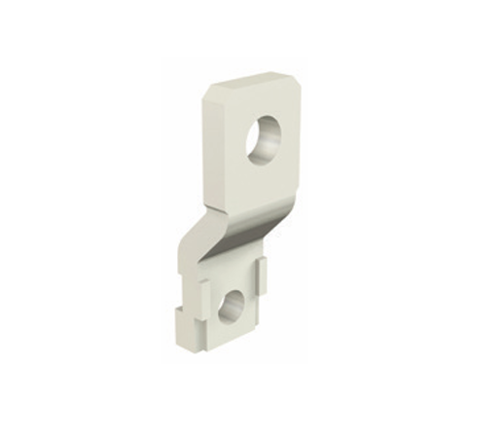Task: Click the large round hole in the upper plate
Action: click(266, 140)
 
